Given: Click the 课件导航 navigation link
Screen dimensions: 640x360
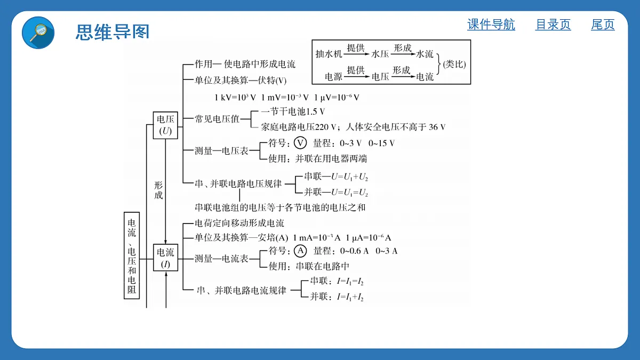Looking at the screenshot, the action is (491, 25).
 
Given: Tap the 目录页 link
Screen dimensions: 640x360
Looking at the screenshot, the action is (553, 25).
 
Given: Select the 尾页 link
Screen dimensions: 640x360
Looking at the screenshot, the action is (603, 25).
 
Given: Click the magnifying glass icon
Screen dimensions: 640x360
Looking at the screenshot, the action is (38, 33).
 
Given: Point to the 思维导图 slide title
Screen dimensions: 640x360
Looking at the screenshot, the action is (113, 31).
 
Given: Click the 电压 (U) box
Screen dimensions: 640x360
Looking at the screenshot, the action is (165, 125).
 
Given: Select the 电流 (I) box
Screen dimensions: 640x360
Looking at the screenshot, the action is (165, 258).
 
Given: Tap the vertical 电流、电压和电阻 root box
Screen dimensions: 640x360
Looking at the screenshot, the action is (132, 255).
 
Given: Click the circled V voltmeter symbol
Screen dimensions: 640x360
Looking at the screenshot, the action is (300, 143).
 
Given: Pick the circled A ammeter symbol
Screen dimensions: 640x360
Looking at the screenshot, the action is (300, 251).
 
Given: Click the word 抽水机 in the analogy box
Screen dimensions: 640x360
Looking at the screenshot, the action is (329, 54).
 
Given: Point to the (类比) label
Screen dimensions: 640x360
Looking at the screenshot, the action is (454, 64).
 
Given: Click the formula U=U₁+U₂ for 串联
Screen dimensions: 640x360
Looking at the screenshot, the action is (349, 177).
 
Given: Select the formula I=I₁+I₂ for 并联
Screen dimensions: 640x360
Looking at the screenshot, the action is (350, 297).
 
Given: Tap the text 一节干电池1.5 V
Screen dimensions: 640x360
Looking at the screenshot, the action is (293, 111).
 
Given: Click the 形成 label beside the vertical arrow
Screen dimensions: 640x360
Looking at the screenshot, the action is (158, 190).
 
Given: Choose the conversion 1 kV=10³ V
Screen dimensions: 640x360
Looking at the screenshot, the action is (235, 98).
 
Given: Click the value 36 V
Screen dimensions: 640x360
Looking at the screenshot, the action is (437, 127).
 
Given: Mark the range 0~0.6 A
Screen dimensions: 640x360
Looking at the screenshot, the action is (354, 251).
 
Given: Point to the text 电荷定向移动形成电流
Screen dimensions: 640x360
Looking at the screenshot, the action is (239, 223).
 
